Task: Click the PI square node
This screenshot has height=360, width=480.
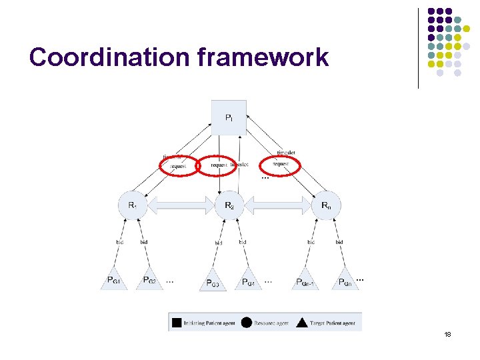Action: click(x=229, y=117)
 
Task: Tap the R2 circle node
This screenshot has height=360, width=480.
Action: click(x=229, y=205)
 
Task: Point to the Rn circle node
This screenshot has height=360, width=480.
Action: click(x=325, y=205)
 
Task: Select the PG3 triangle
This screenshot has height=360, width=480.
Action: click(x=213, y=281)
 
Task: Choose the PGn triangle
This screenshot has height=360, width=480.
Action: click(x=345, y=280)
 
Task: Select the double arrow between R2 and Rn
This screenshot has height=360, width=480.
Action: click(x=277, y=205)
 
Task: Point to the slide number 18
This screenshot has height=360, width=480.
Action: click(x=447, y=333)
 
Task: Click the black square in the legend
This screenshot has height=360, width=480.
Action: click(x=177, y=323)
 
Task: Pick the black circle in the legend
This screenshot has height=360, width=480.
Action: click(x=246, y=323)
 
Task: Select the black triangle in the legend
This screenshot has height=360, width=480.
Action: click(x=301, y=323)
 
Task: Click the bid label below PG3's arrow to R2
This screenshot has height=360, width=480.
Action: click(x=219, y=243)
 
